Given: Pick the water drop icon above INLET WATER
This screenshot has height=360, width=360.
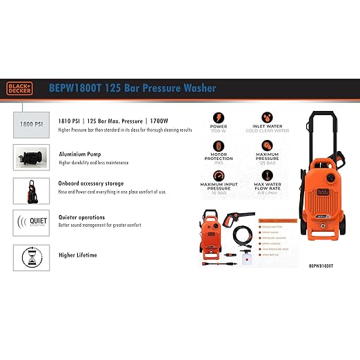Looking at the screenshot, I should (x=267, y=114).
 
